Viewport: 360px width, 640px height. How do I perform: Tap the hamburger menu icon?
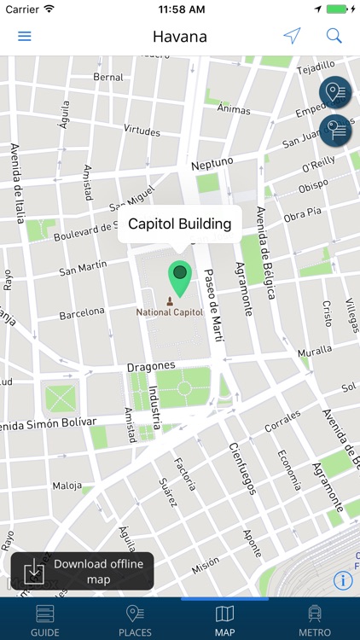(25, 36)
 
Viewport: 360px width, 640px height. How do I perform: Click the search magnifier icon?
(334, 36)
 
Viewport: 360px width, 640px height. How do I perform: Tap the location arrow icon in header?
(293, 36)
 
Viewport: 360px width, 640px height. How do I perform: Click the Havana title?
(180, 37)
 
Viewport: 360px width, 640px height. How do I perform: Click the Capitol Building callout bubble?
(180, 224)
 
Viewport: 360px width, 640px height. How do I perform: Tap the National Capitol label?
(171, 312)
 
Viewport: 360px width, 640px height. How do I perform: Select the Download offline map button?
(83, 571)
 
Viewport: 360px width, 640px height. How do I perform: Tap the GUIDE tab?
(44, 620)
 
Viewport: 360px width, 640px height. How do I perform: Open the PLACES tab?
(135, 620)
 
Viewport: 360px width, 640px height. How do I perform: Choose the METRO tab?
(315, 620)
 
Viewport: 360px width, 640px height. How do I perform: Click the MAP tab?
(224, 620)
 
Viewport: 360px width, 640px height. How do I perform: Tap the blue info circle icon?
(344, 581)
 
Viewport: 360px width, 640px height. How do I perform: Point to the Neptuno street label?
(212, 163)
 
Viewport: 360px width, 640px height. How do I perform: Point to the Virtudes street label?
(142, 131)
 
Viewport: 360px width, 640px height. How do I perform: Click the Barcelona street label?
(82, 313)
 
